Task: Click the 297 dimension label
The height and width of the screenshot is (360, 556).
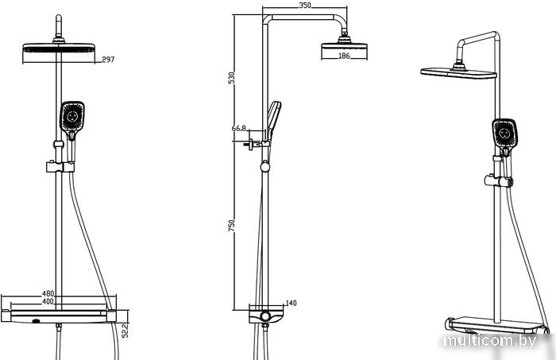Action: [x=108, y=60]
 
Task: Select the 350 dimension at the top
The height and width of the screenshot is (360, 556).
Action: [x=305, y=6]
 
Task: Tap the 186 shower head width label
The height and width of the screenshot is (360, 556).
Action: [x=344, y=56]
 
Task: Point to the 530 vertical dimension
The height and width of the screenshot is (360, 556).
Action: [x=231, y=78]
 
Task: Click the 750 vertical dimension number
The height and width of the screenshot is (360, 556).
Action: [x=231, y=226]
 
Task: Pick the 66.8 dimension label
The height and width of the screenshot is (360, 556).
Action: [x=239, y=129]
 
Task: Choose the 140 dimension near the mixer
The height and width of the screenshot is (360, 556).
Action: [x=291, y=304]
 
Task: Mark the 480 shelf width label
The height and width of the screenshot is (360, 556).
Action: [x=48, y=294]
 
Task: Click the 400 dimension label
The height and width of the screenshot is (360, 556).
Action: [x=48, y=301]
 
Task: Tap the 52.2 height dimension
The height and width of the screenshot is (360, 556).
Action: [x=125, y=331]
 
